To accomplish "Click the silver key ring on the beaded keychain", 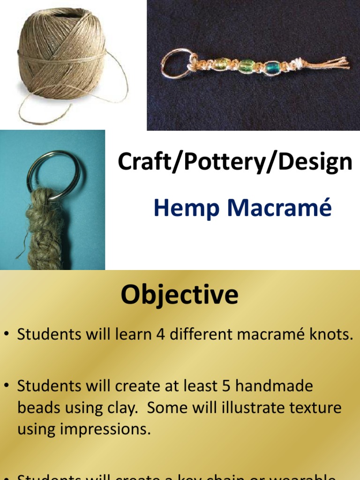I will (x=175, y=63).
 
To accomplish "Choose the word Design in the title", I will (x=309, y=162).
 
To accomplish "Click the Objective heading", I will (x=180, y=296).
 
